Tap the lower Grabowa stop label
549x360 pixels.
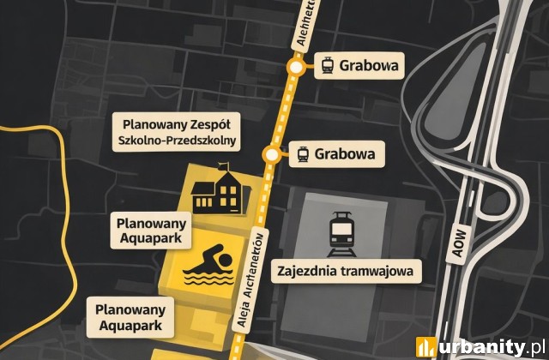pyautogui.click(x=335, y=155)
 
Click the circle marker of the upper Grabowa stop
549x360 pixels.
pyautogui.click(x=296, y=67)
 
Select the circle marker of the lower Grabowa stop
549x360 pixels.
pyautogui.click(x=272, y=155)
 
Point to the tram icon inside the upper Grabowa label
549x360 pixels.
pyautogui.click(x=327, y=66)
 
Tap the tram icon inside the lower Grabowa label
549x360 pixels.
pyautogui.click(x=303, y=155)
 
